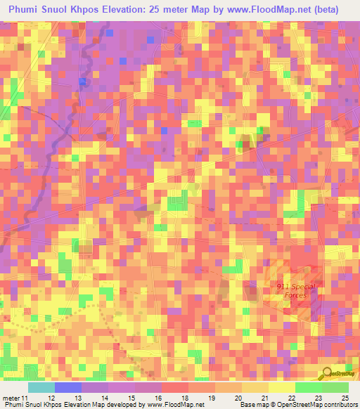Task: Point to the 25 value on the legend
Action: coord(344,398)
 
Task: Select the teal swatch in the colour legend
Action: coord(41,387)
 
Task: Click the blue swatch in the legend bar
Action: coord(67,387)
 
